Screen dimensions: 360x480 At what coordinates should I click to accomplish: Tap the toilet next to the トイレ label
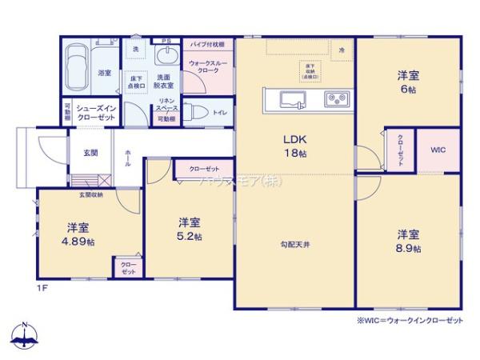(x=198, y=112)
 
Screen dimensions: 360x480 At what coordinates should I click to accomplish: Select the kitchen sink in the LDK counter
(x=290, y=98)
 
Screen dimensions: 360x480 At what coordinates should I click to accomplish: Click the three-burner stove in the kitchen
(x=334, y=98)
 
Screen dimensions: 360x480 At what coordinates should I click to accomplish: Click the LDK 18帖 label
(x=294, y=145)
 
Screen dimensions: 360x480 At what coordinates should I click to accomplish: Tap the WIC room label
(x=438, y=150)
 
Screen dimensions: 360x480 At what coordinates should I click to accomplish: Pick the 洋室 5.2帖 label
(x=190, y=229)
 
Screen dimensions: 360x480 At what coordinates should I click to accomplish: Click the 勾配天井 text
(x=295, y=244)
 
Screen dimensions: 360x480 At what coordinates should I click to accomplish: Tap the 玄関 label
(x=90, y=153)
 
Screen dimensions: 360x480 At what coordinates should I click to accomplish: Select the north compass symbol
(x=25, y=337)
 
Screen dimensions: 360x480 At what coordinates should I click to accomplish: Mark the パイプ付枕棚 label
(x=207, y=44)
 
